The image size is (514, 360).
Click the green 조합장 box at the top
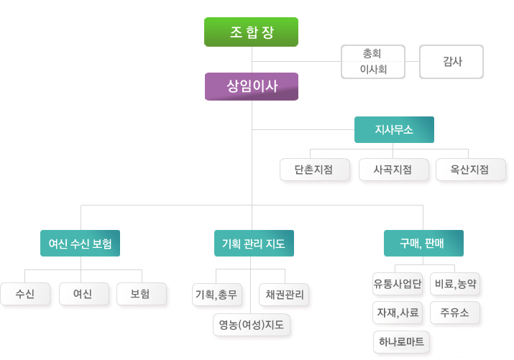pyautogui.click(x=251, y=32)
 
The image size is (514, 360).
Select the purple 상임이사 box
pyautogui.click(x=251, y=86)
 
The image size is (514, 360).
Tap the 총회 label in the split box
pyautogui.click(x=372, y=53)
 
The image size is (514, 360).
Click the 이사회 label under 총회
pyautogui.click(x=372, y=70)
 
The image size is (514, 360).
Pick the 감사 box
pyautogui.click(x=451, y=62)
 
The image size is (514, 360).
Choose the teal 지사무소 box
pyautogui.click(x=394, y=130)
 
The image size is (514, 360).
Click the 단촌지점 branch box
pyautogui.click(x=314, y=170)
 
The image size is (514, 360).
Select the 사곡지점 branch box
pyautogui.click(x=393, y=170)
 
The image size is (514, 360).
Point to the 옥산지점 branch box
pyautogui.click(x=470, y=170)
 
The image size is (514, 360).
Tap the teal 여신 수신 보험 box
pyautogui.click(x=80, y=244)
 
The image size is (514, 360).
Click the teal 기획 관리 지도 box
pyautogui.click(x=254, y=244)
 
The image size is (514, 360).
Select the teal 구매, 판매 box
pyautogui.click(x=423, y=244)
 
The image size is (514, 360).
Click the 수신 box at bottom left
pyautogui.click(x=25, y=293)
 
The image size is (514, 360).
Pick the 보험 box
pyautogui.click(x=141, y=293)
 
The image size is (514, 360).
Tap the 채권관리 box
pyautogui.click(x=284, y=294)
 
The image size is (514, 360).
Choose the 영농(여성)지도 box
pyautogui.click(x=252, y=325)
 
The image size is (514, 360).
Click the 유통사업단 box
pyautogui.click(x=398, y=284)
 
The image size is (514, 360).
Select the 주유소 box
pyautogui.click(x=454, y=313)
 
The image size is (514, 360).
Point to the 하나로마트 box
pyautogui.click(x=401, y=342)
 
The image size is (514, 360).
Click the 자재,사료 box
pyautogui.click(x=398, y=313)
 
